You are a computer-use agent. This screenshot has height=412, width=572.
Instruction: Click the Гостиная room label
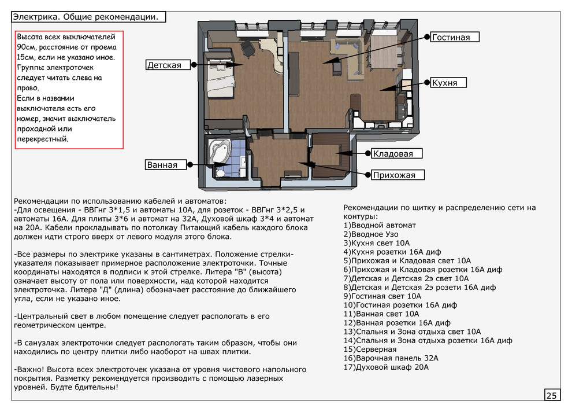pos(451,38)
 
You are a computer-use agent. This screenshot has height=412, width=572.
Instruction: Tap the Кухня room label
pos(444,83)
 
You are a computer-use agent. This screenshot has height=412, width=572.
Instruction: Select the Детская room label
pos(164,65)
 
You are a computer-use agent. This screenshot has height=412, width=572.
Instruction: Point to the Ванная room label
pos(162,165)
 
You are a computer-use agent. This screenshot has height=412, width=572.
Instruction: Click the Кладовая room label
pos(393,153)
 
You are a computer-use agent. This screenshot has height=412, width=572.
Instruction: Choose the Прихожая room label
pos(394,175)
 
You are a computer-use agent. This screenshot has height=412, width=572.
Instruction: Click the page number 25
pos(551,396)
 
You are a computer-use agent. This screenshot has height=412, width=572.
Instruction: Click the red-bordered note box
pos(69,90)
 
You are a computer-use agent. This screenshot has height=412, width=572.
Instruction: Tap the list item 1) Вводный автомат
pos(380,225)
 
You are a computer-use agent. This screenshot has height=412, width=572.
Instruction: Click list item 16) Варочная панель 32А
pos(391,358)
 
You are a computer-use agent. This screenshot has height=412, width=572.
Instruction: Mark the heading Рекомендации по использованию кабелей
pos(121,200)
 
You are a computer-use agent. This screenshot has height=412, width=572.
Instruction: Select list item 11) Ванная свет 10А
pos(382,314)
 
